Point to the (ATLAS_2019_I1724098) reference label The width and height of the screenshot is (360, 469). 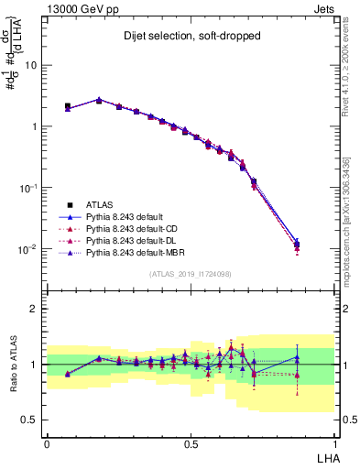tap(191, 273)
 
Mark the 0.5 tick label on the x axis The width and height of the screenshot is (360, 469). tap(191, 442)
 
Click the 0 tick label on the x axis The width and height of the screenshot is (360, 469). tap(47, 442)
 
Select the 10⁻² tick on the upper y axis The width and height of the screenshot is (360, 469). tap(28, 249)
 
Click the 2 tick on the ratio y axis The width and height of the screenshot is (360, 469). tap(35, 309)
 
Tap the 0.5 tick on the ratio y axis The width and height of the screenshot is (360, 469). tap(30, 420)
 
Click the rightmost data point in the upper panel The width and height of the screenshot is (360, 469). tap(297, 245)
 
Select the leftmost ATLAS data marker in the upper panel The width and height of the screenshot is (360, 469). tap(68, 106)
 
